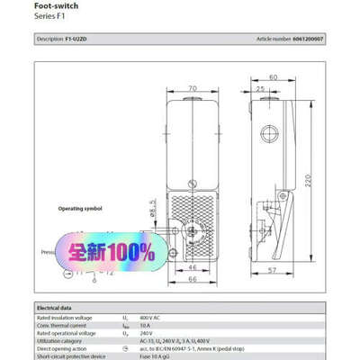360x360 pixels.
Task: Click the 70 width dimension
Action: (193, 89)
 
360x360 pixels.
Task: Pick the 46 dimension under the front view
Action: (192, 267)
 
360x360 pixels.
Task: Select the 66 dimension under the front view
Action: (192, 279)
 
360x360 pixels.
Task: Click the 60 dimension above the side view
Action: (273, 77)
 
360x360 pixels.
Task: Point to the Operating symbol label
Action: (83, 208)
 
